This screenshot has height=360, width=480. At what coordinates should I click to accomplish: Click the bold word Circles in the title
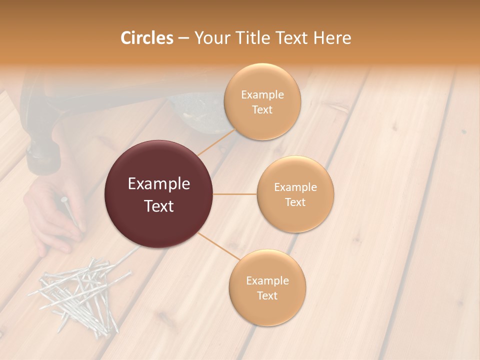[146, 38]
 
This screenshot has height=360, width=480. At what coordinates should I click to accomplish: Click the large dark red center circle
[159, 194]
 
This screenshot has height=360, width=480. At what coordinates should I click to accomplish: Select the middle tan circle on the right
[295, 194]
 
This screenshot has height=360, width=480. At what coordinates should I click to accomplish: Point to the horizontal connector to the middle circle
[235, 194]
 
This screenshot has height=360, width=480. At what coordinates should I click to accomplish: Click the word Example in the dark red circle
[159, 184]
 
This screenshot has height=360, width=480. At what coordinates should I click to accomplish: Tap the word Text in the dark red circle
[159, 206]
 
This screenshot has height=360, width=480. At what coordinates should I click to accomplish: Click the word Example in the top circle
[262, 95]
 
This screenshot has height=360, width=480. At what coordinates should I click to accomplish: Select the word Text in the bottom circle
[267, 295]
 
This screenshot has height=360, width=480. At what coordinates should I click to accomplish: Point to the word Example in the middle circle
[295, 187]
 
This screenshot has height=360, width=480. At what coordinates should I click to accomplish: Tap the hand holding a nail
[52, 215]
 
